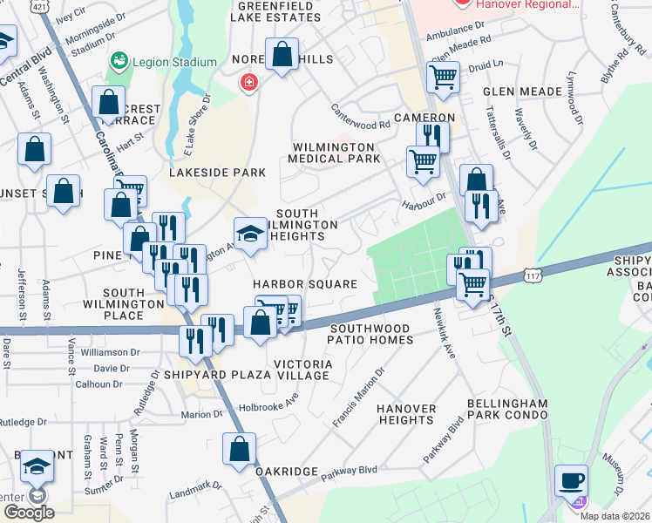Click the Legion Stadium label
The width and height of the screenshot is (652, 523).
pyautogui.click(x=174, y=62)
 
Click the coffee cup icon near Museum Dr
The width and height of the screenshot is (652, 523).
pyautogui.click(x=571, y=480)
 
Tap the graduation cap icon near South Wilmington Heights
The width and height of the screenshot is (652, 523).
pyautogui.click(x=250, y=233)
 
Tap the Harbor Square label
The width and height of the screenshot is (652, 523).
pyautogui.click(x=305, y=284)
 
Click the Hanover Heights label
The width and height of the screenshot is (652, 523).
pyautogui.click(x=406, y=414)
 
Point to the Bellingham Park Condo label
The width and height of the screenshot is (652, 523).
pyautogui.click(x=507, y=410)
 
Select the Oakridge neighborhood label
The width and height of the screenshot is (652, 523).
pyautogui.click(x=287, y=471)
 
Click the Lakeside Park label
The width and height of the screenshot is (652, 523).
pyautogui.click(x=217, y=173)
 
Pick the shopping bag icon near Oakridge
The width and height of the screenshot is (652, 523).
pyautogui.click(x=239, y=449)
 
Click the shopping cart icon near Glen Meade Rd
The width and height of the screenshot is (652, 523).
pyautogui.click(x=444, y=77)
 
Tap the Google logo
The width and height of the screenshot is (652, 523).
pyautogui.click(x=29, y=513)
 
